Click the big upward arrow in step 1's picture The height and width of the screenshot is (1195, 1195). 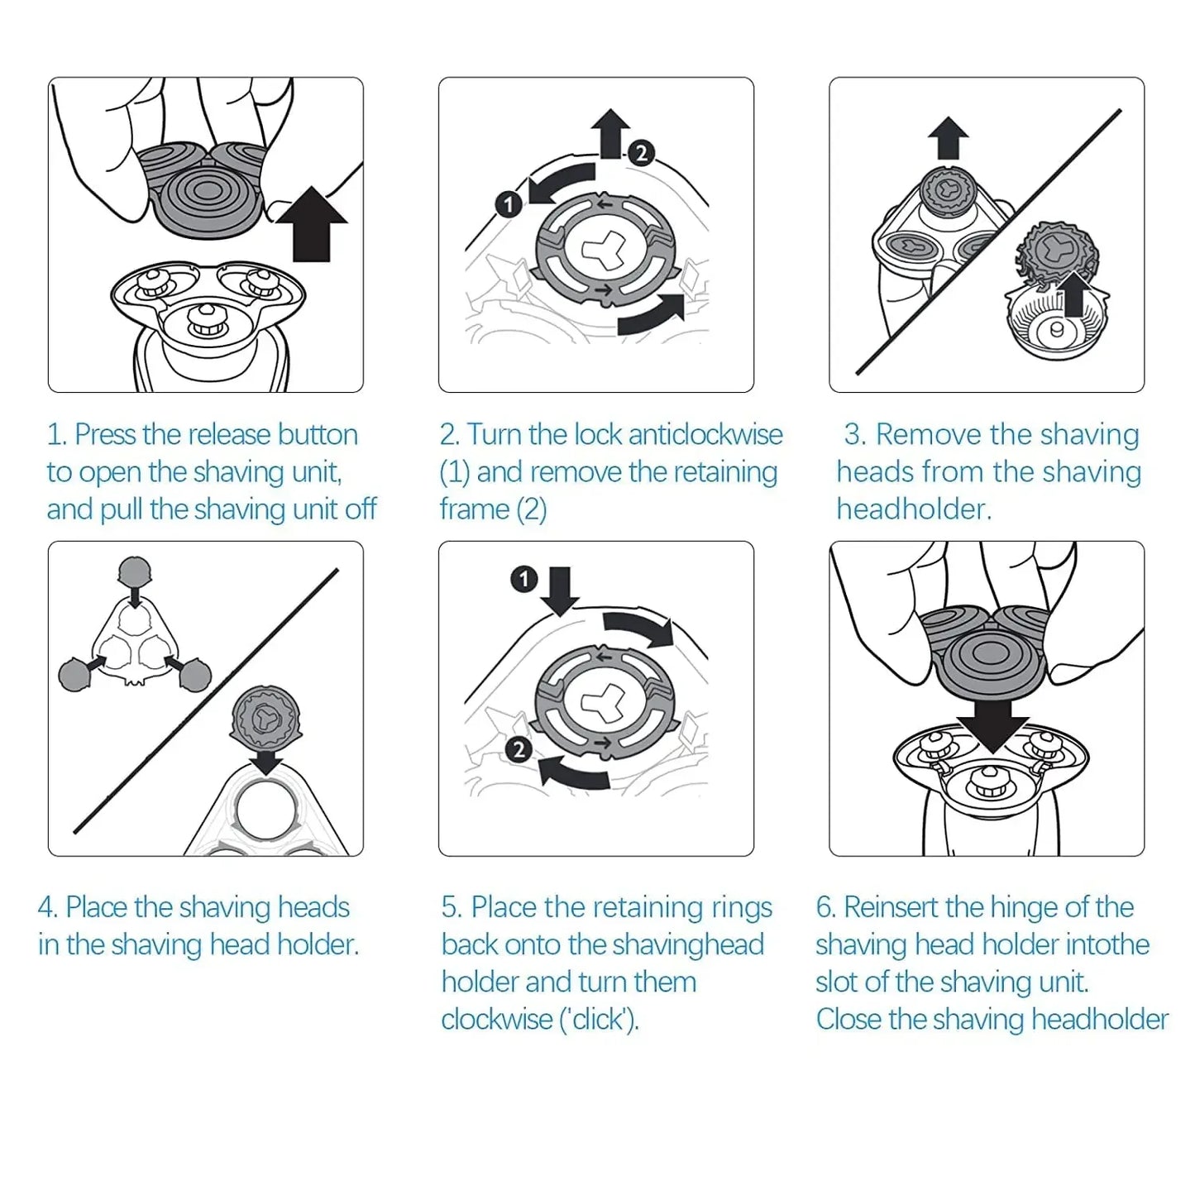point(311,224)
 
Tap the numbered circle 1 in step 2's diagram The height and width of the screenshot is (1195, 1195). point(509,204)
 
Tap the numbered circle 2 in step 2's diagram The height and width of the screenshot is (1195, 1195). point(641,152)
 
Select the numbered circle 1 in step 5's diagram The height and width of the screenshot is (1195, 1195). point(524,580)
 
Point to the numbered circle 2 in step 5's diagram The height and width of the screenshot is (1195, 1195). point(519,750)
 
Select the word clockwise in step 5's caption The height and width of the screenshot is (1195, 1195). point(495,1020)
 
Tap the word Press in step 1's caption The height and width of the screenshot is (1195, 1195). point(105,435)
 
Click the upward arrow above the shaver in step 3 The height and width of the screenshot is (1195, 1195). point(949,137)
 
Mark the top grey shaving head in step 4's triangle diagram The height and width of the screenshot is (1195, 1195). point(135,571)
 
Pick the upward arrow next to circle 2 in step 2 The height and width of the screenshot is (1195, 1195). point(611,133)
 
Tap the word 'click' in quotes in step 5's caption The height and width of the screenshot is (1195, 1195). point(600,1020)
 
